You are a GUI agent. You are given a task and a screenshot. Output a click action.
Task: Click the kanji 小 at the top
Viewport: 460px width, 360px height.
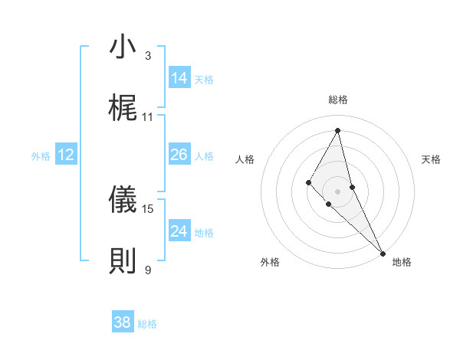(123, 47)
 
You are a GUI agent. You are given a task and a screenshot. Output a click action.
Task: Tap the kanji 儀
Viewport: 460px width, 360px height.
(123, 200)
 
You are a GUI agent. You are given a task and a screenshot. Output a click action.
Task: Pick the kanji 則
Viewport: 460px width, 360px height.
(123, 261)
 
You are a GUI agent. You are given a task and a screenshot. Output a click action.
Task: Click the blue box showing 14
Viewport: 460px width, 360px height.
(179, 78)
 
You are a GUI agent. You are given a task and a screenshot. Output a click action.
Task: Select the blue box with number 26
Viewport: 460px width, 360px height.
(179, 155)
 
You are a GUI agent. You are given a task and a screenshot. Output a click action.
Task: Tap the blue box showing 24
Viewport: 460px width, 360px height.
(179, 231)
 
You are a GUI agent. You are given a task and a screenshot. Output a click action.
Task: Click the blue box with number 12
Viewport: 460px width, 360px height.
(66, 155)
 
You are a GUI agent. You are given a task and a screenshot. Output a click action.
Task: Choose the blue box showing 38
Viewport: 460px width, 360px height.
(123, 322)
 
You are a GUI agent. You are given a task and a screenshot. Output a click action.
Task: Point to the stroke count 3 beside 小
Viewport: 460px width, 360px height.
(148, 56)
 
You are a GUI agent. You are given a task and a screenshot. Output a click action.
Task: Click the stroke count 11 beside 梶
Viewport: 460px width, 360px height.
(148, 117)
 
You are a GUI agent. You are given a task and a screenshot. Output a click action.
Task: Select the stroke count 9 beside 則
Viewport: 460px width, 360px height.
(148, 270)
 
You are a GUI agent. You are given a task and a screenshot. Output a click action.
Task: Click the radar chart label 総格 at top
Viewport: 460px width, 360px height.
(337, 100)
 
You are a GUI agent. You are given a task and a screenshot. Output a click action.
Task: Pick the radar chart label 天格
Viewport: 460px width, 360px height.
(432, 159)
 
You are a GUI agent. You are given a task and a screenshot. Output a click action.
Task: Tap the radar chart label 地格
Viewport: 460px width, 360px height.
(402, 262)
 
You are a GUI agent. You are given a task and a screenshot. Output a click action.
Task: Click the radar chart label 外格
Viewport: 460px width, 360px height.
(270, 262)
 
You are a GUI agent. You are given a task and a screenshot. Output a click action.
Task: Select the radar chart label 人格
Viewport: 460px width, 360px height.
(245, 159)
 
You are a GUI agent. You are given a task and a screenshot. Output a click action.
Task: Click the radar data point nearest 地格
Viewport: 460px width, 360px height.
(382, 253)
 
